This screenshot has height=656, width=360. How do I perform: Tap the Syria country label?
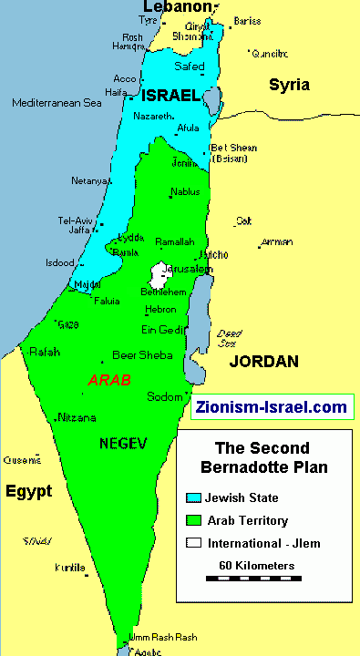pyautogui.click(x=289, y=85)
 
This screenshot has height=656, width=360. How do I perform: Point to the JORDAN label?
pyautogui.click(x=263, y=362)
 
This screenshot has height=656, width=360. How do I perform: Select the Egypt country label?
pyautogui.click(x=28, y=491)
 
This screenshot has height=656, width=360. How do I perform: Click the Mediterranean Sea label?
pyautogui.click(x=57, y=103)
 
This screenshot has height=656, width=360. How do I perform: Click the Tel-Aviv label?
pyautogui.click(x=76, y=220)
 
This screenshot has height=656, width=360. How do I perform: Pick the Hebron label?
pyautogui.click(x=159, y=310)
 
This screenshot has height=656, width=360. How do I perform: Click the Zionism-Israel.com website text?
pyautogui.click(x=272, y=406)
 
